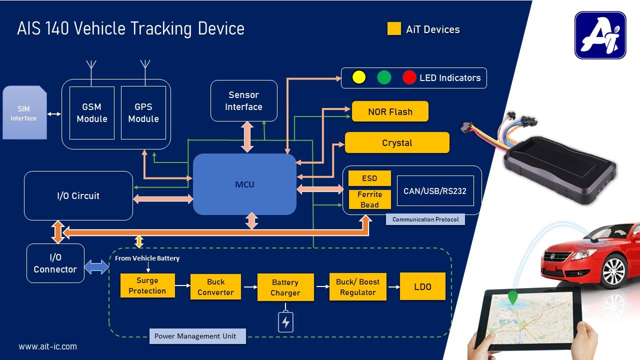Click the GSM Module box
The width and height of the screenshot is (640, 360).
pos(92,113)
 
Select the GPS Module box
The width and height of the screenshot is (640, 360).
pos(143,113)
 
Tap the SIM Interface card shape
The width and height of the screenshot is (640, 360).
pos(24,113)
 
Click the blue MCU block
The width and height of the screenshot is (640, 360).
pos(244,184)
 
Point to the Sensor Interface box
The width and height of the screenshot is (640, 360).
pos(243,100)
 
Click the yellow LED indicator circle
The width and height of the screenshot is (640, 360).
pos(359,77)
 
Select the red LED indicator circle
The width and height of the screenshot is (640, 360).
pos(409,77)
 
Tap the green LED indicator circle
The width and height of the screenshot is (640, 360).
pos(384,77)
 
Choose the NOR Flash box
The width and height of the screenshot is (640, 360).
pos(390,111)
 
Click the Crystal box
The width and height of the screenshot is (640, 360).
pos(397,143)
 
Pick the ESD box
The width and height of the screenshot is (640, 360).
pos(369,178)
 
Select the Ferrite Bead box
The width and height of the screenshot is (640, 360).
pos(369,199)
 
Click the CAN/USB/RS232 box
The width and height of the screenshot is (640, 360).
pos(435,190)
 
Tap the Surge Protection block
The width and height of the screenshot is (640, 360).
pos(147,286)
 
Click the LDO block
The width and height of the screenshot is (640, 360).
pos(422,286)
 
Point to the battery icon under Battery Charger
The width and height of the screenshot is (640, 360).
pos(285,322)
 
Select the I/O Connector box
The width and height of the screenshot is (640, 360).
pos(55,263)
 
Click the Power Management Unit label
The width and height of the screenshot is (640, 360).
pos(197,336)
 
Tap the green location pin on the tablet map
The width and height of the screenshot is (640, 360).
pos(512,297)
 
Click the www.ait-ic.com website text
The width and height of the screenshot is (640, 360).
pos(48,346)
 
